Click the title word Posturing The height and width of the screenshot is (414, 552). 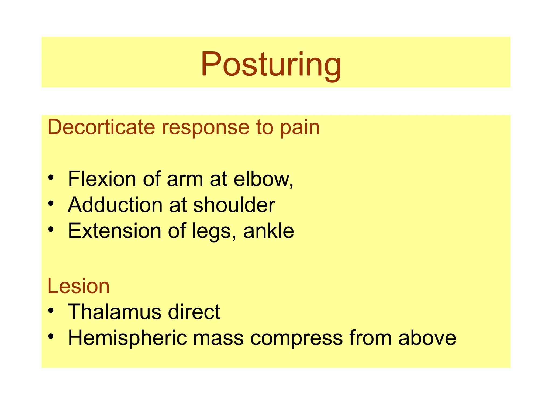[271, 65]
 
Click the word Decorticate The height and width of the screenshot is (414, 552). [101, 127]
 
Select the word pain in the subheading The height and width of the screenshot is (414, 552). [299, 128]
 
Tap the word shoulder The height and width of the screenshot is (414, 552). [234, 205]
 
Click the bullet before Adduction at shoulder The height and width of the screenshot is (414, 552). [51, 203]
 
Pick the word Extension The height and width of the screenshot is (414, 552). [115, 231]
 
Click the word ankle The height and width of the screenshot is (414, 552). [268, 231]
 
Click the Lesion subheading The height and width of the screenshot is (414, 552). [78, 286]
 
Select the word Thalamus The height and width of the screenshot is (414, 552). [114, 312]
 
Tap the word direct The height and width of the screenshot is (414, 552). [194, 312]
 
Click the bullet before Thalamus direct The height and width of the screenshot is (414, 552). [51, 310]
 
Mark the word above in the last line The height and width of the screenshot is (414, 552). [427, 338]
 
